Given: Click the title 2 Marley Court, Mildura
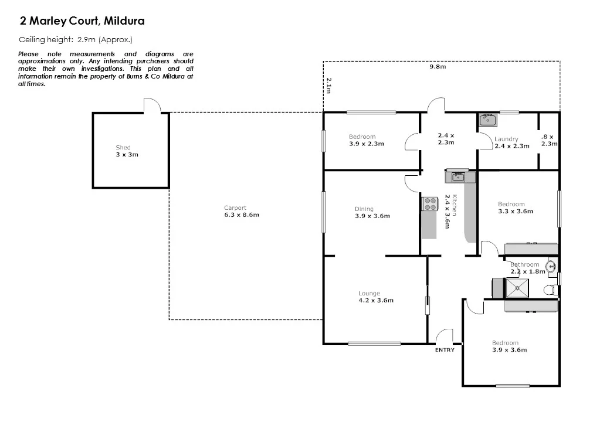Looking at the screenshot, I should pyautogui.click(x=82, y=22).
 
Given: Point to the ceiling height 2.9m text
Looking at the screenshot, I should pyautogui.click(x=76, y=40).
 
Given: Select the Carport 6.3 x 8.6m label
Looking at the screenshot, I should pyautogui.click(x=241, y=211).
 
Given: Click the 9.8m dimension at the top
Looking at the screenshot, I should pyautogui.click(x=438, y=67).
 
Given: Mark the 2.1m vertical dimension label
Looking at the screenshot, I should pyautogui.click(x=329, y=86).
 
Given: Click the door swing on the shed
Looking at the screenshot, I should pyautogui.click(x=152, y=107).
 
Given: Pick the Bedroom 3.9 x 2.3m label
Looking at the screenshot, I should pyautogui.click(x=366, y=140).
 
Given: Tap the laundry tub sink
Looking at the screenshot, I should pyautogui.click(x=487, y=120).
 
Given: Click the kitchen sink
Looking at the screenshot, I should pyautogui.click(x=457, y=177).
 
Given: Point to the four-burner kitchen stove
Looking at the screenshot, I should pyautogui.click(x=430, y=203).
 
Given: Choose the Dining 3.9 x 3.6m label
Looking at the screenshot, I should pyautogui.click(x=372, y=212).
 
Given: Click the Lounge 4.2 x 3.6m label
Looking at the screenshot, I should pyautogui.click(x=375, y=297).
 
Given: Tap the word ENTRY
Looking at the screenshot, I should pyautogui.click(x=445, y=350).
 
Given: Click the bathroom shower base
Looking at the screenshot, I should pyautogui.click(x=517, y=287).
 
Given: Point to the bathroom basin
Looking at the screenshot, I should pyautogui.click(x=551, y=267).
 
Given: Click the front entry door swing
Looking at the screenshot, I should pyautogui.click(x=445, y=335).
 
